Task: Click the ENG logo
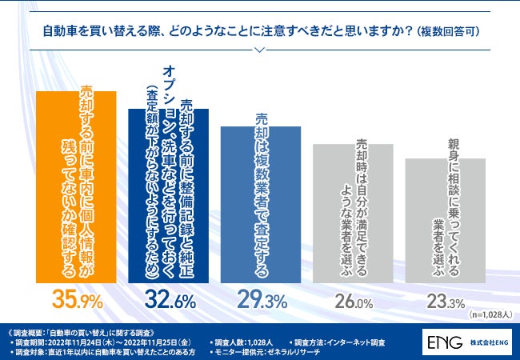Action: pos(445,342)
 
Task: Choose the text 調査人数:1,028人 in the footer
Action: pos(243,342)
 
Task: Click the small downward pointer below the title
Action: pos(260,49)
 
